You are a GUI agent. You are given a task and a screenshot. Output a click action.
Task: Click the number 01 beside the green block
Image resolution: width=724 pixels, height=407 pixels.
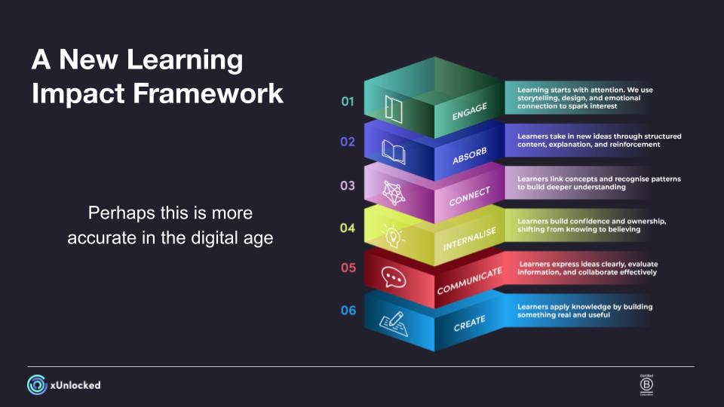[x=348, y=102]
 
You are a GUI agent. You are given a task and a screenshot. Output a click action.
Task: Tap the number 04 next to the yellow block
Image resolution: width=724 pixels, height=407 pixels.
[x=348, y=228]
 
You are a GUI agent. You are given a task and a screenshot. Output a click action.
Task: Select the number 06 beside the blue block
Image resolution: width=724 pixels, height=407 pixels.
[x=348, y=311]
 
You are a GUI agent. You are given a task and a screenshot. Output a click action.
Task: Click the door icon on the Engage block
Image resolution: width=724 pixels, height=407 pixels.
[x=394, y=109]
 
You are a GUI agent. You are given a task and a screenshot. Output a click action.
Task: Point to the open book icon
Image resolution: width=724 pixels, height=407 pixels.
[x=394, y=152]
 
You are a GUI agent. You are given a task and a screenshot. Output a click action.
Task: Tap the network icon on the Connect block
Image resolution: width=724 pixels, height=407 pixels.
[x=394, y=193]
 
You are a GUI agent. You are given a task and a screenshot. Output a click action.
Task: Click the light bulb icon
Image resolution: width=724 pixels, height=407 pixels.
[x=392, y=236]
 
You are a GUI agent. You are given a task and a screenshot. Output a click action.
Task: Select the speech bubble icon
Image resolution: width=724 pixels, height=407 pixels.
[x=394, y=277]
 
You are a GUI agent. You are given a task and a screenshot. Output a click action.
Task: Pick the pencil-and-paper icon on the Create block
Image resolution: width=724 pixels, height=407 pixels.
[x=394, y=323]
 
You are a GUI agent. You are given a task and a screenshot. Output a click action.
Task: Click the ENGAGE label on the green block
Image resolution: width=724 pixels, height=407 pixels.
[x=470, y=112]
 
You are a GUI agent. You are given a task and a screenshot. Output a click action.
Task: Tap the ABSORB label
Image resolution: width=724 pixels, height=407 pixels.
[x=470, y=156]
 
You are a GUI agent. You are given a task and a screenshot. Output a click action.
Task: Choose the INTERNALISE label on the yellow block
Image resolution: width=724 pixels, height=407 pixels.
[x=470, y=239]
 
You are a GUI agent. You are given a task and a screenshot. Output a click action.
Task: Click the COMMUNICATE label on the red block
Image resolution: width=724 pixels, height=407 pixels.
[x=470, y=280]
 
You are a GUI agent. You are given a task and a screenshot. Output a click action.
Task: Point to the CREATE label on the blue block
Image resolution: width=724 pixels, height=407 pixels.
[x=470, y=323]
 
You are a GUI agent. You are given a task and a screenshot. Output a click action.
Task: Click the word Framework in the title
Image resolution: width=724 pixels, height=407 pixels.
[x=208, y=93]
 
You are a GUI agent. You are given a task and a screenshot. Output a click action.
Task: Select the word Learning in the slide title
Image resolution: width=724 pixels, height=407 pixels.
[x=185, y=60]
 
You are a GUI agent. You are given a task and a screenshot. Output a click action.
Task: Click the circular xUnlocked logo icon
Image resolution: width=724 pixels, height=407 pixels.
[x=37, y=385]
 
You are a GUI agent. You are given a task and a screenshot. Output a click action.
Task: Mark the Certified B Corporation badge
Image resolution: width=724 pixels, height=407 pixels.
[x=646, y=385]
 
